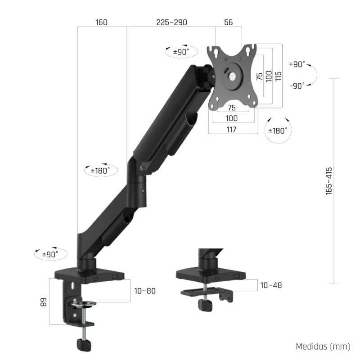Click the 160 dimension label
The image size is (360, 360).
click(x=101, y=22)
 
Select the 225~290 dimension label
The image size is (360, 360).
click(x=171, y=22)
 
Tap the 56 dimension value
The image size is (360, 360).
click(x=228, y=22)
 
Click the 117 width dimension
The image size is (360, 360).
click(x=232, y=129)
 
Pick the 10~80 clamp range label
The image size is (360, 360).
click(x=145, y=291)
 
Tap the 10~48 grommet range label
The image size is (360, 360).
click(x=271, y=285)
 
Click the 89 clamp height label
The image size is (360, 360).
click(x=44, y=301)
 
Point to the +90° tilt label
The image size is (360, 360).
click(x=297, y=64)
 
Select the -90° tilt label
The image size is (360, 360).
click(x=297, y=85)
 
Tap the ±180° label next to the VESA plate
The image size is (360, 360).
click(x=278, y=130)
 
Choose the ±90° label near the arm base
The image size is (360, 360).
click(x=50, y=254)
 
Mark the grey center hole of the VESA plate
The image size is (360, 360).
click(x=232, y=76)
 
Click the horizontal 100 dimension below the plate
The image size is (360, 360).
click(x=232, y=118)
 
